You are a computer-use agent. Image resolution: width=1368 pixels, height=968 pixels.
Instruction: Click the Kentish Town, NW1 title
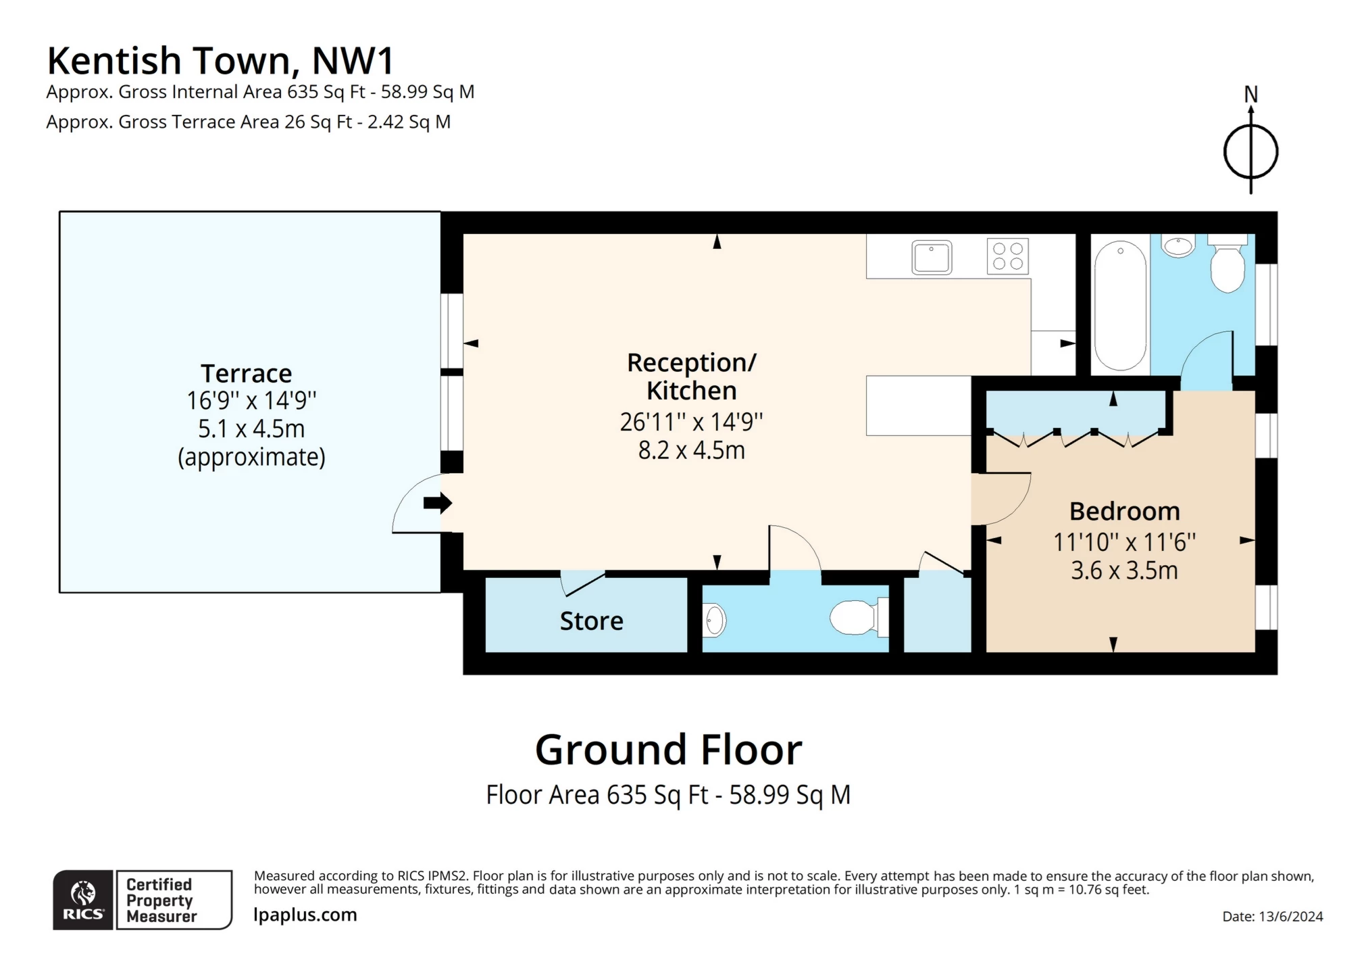(220, 61)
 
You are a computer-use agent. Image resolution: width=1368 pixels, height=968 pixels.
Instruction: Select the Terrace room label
(246, 373)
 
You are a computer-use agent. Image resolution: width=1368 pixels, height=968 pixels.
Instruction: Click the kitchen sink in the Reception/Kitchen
(932, 258)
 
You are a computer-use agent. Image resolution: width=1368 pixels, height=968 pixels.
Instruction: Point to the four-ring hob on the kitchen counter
(1007, 256)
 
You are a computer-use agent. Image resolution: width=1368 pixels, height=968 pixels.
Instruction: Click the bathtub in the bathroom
(1120, 306)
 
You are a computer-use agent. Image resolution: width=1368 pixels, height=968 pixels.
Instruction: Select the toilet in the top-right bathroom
(1227, 266)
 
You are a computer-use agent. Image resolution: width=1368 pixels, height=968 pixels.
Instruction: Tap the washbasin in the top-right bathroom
(1180, 246)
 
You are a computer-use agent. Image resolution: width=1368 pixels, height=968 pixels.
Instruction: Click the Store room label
(591, 621)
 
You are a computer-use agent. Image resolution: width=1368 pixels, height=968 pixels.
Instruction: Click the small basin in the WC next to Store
(714, 620)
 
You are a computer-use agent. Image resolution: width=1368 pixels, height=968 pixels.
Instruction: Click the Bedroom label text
(1124, 511)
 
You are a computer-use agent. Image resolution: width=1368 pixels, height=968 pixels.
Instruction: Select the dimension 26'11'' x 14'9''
(691, 422)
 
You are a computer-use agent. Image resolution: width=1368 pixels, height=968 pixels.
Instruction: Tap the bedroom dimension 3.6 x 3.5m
(1124, 571)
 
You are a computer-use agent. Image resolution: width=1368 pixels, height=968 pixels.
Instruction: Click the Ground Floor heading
(668, 750)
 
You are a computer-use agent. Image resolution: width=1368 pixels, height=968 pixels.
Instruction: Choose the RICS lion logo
(83, 899)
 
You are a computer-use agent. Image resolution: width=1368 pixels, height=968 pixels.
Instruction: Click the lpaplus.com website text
(305, 915)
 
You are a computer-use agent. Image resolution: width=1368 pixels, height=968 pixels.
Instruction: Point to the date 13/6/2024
(1272, 917)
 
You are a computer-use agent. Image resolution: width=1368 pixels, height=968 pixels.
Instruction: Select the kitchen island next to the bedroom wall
(918, 406)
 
